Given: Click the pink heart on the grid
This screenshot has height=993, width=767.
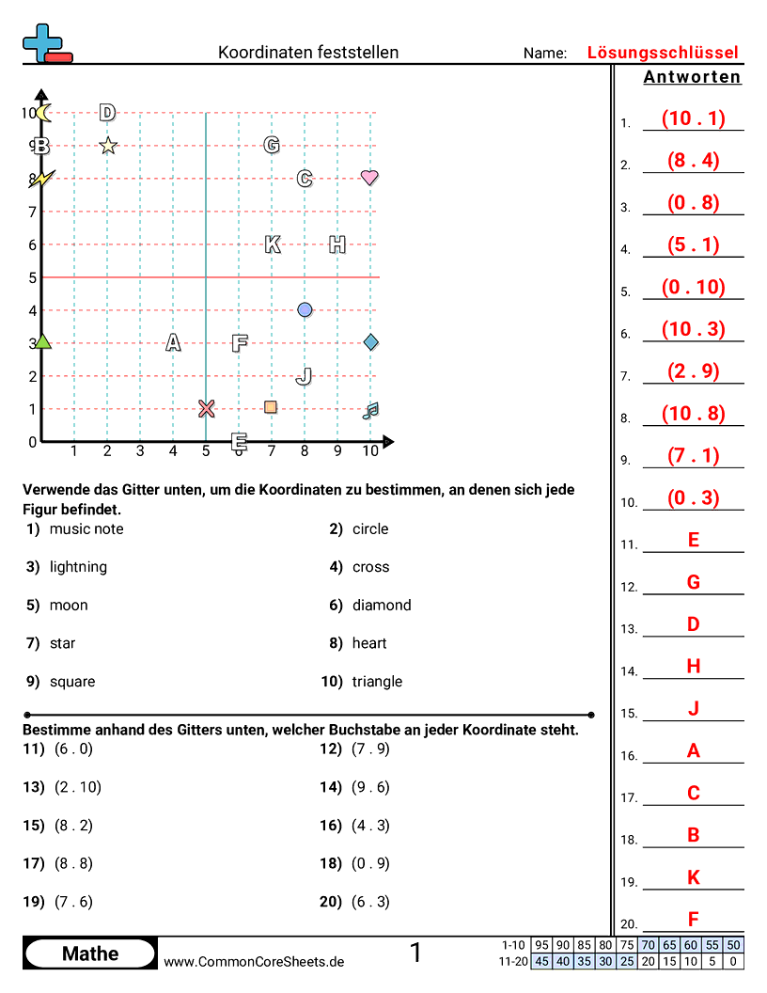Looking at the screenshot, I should [x=369, y=177].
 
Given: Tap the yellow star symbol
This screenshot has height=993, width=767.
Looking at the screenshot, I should [x=108, y=145].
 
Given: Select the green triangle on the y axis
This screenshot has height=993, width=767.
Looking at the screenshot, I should [x=41, y=342].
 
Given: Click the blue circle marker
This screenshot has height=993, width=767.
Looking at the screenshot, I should [x=305, y=309].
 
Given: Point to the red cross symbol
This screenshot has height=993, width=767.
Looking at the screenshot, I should [x=207, y=408].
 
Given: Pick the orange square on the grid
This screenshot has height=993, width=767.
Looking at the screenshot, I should [x=271, y=407].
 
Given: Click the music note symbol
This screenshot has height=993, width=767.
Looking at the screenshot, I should [x=370, y=410].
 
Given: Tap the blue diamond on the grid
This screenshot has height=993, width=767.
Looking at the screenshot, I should [x=370, y=341].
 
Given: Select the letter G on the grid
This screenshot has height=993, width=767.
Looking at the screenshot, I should [x=272, y=145].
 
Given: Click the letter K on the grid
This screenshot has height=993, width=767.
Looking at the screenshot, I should [x=273, y=244].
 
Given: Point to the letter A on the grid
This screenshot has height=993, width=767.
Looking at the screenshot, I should [x=173, y=343].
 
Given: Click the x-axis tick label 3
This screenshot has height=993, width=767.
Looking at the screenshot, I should [x=140, y=451].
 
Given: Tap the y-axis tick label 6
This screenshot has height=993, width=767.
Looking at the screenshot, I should [x=32, y=244].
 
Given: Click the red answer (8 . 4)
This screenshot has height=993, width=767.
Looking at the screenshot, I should [x=693, y=160].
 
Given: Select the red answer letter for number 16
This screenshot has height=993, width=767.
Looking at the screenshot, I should [x=693, y=750].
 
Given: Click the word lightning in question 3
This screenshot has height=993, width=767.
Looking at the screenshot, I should [x=78, y=567].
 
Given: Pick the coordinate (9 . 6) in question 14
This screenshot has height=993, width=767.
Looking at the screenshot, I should [x=369, y=787].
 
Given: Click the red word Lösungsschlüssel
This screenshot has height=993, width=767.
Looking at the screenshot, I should [x=663, y=53].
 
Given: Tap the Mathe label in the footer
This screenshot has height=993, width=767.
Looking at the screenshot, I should [x=90, y=954].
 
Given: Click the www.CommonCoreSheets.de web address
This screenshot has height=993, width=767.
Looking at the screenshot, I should [x=254, y=961].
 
